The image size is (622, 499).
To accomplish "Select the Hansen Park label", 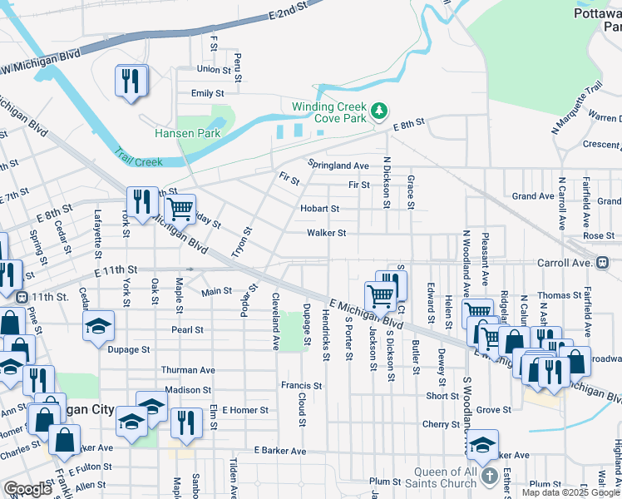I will (x=187, y=133).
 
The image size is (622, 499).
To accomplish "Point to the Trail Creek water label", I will (x=138, y=158).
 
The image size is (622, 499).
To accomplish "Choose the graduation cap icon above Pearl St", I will (x=98, y=325).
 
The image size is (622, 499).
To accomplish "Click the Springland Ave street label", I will (x=338, y=165).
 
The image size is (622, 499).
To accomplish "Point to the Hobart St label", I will (x=320, y=209).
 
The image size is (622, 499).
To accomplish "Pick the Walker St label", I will (x=326, y=234).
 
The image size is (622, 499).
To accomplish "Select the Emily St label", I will (x=208, y=94).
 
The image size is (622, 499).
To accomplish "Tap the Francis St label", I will (x=301, y=386).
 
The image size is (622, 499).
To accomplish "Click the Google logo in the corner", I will (x=27, y=488).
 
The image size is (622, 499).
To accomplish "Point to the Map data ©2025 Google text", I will (x=570, y=492).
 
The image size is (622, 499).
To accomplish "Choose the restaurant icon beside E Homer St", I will (x=186, y=422).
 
